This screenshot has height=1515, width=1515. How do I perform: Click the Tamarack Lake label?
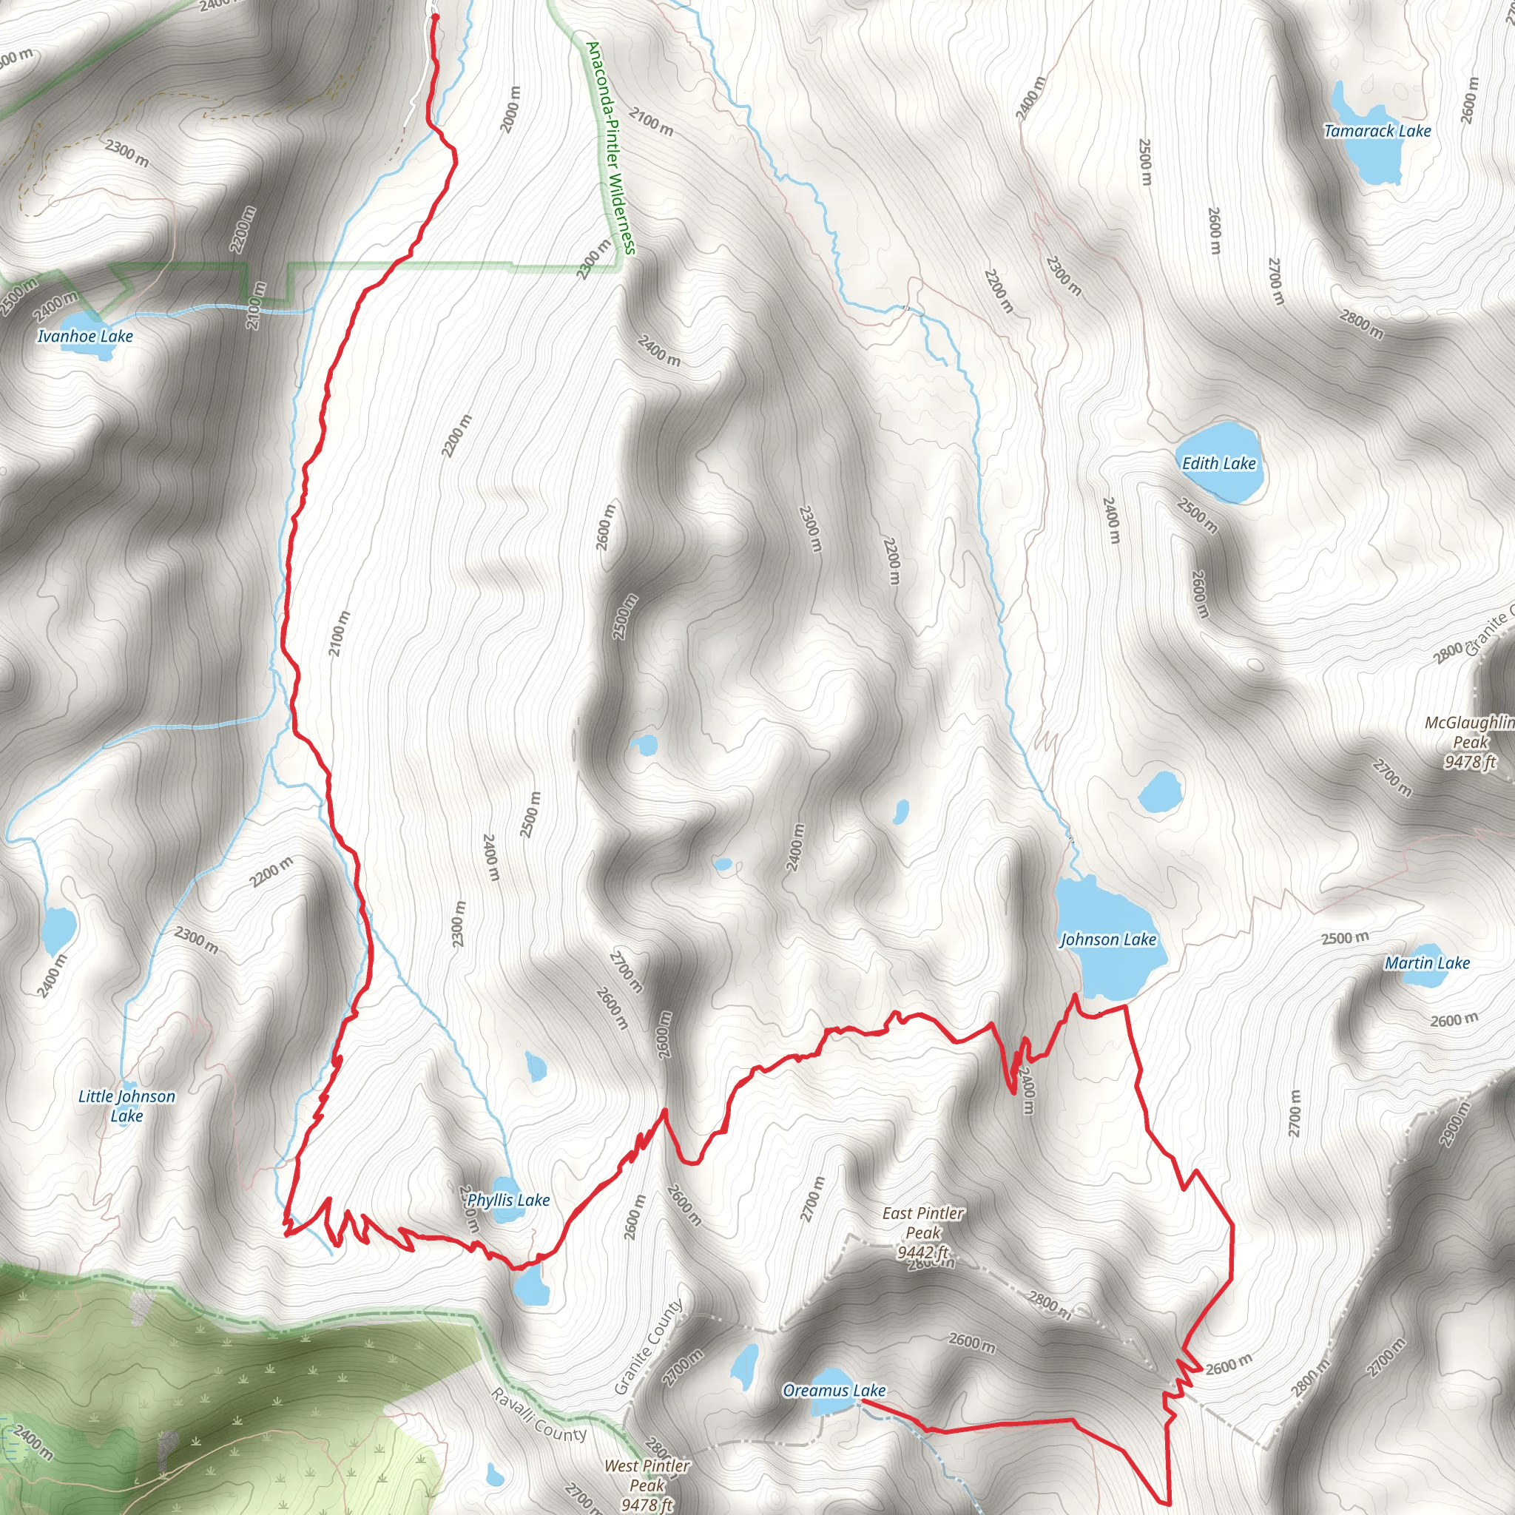[1377, 131]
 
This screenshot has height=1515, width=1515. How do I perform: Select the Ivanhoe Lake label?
[86, 337]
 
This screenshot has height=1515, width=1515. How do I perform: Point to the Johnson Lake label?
[1108, 939]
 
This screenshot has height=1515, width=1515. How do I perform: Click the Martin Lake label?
[1427, 963]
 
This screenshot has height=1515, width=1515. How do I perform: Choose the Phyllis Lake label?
[508, 1200]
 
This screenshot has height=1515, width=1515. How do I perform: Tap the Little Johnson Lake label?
[126, 1106]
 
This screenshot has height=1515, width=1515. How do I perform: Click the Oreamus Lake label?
[834, 1390]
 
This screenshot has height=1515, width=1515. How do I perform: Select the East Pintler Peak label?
[923, 1223]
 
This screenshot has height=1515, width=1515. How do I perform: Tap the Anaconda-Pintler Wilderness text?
[611, 147]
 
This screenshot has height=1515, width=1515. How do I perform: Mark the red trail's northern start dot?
[435, 16]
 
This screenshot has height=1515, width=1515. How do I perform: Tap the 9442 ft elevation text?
[923, 1252]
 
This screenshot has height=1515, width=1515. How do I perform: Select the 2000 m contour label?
[510, 109]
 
